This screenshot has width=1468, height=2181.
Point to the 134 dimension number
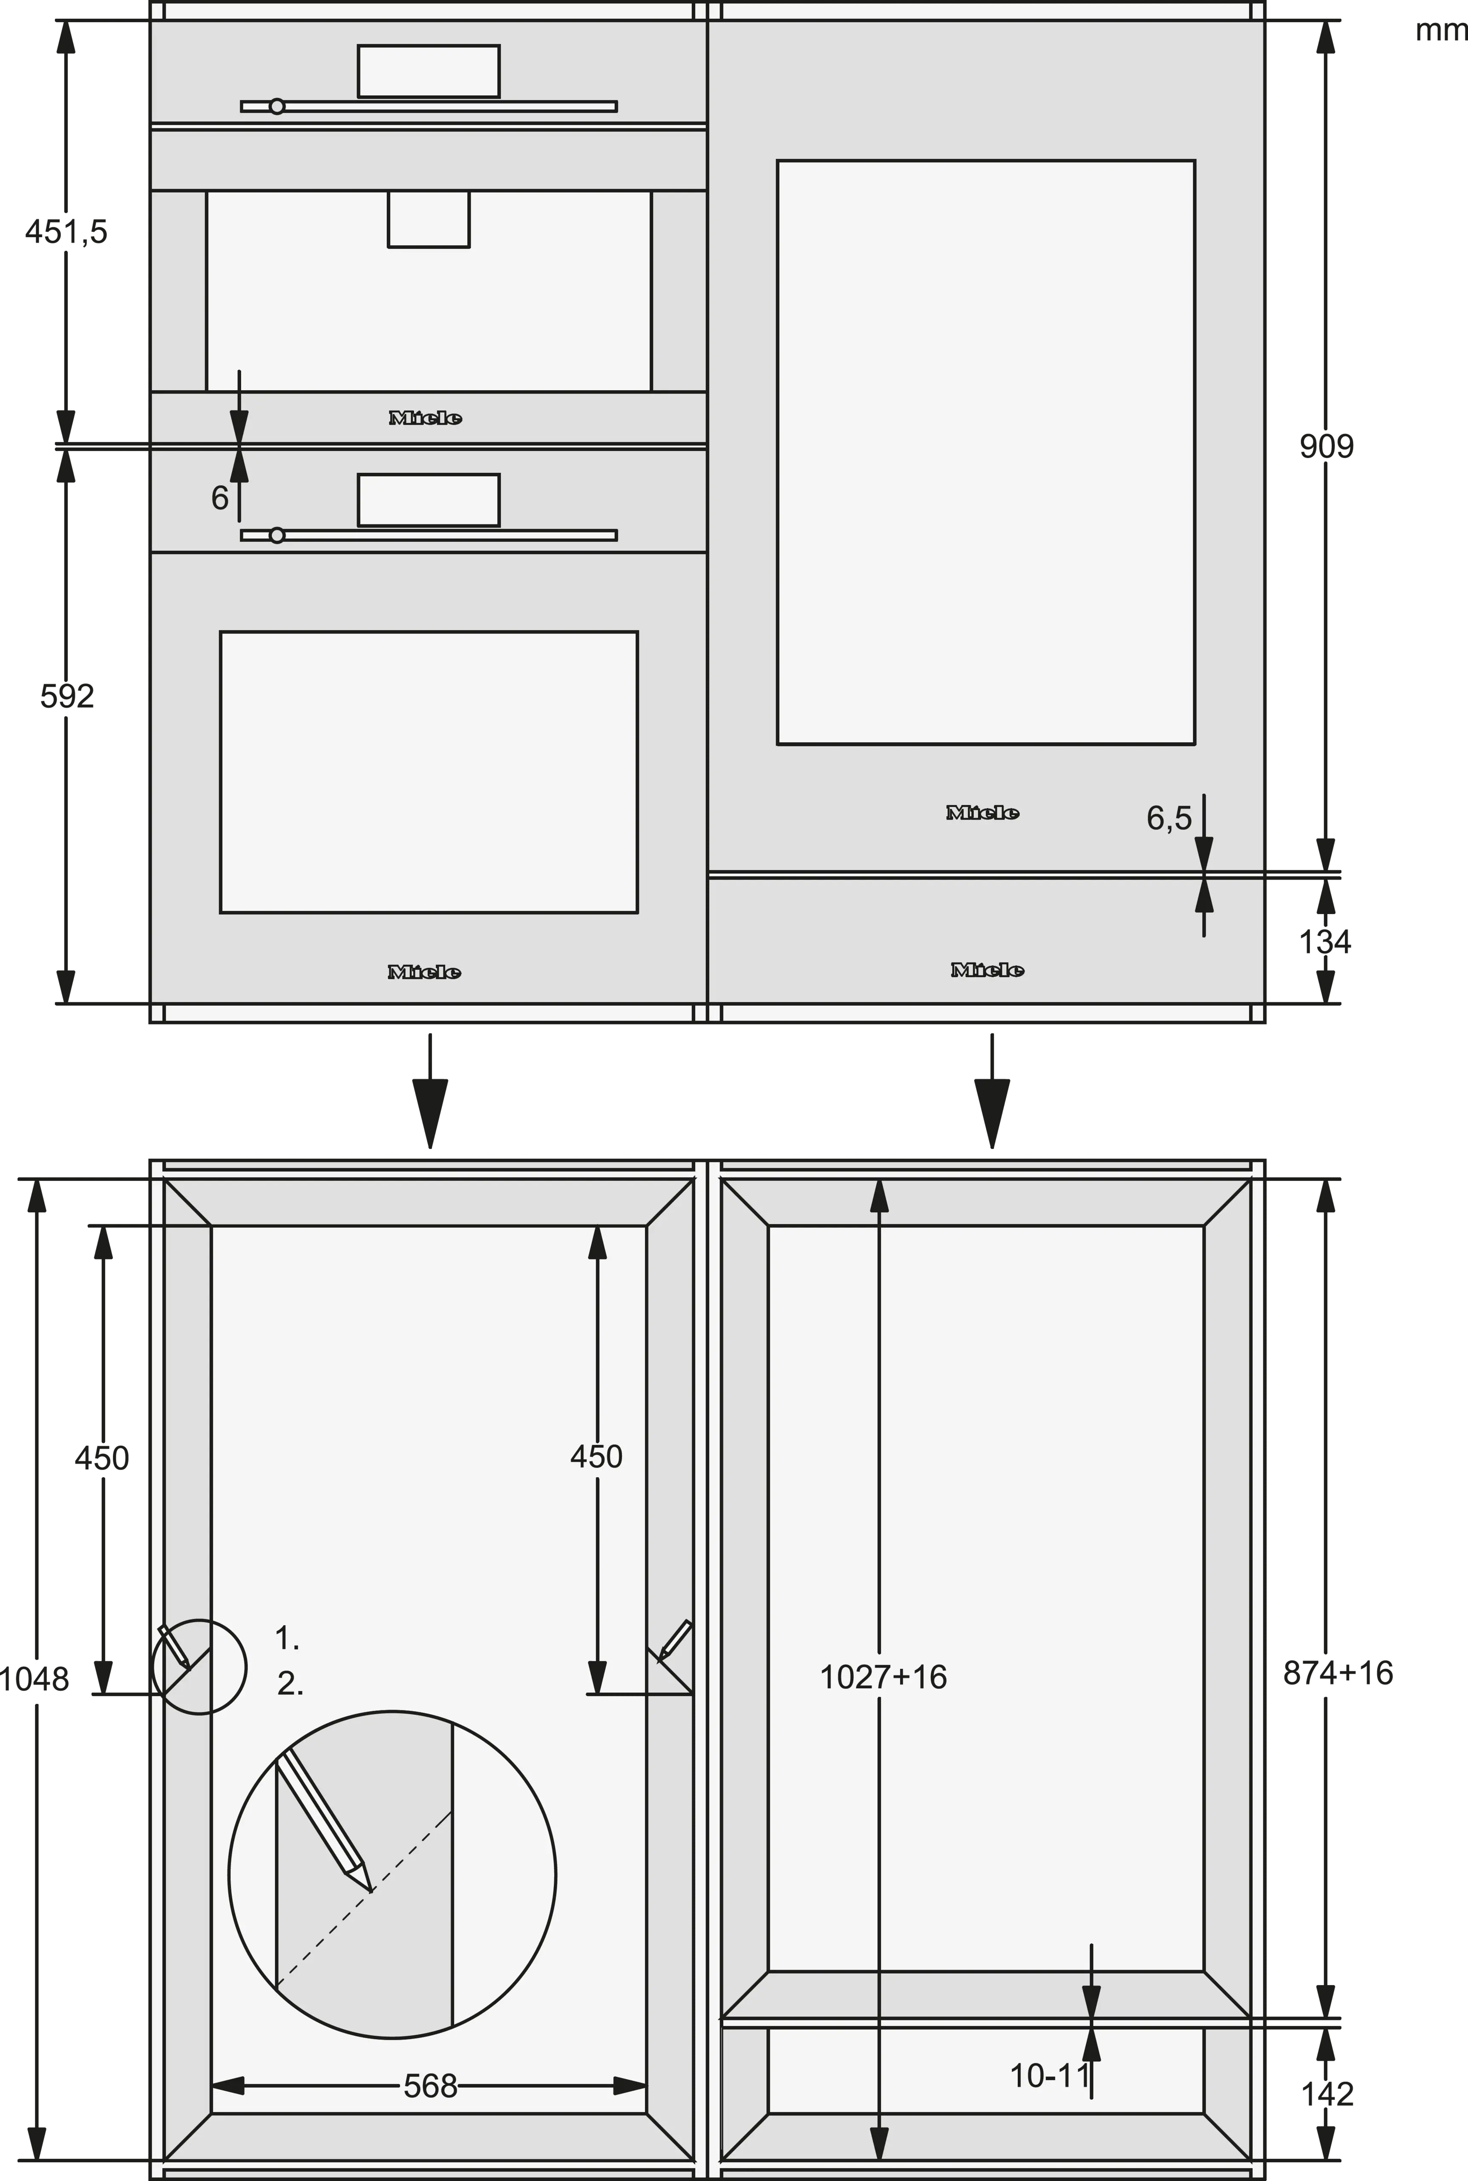[x=1325, y=942]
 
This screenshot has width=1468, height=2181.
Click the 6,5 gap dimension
[x=1169, y=818]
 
